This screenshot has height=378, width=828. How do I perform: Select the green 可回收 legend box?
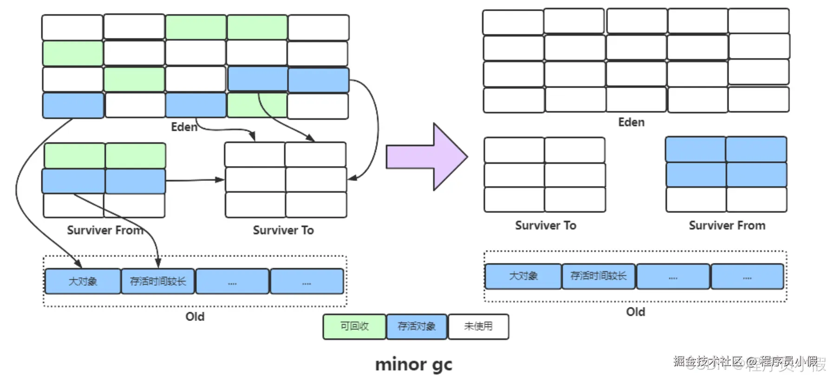pos(354,327)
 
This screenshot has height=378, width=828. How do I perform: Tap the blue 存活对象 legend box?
pos(417,327)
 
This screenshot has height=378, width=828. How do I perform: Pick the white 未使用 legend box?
pos(478,327)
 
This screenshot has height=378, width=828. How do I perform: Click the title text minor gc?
pos(413,364)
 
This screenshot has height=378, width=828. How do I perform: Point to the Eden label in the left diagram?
pos(184,127)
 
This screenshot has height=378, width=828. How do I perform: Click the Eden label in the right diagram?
pos(631,122)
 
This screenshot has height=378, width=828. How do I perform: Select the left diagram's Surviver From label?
pos(105,231)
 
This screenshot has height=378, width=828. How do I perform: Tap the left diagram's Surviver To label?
pos(283,231)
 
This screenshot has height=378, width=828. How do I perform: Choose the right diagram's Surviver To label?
pos(546,226)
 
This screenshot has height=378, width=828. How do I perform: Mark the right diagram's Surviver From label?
pos(727,226)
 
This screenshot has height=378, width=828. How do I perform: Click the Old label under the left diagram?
pos(195,317)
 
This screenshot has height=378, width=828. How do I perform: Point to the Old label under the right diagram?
pos(635,312)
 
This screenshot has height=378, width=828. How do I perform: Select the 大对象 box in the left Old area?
pos(83,282)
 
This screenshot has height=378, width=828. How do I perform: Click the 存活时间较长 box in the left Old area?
pos(158,282)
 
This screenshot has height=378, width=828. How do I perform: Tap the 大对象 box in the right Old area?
pos(523,276)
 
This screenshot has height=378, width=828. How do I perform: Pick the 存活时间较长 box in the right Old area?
pos(599,276)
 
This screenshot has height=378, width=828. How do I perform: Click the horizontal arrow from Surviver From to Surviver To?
pos(195,180)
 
